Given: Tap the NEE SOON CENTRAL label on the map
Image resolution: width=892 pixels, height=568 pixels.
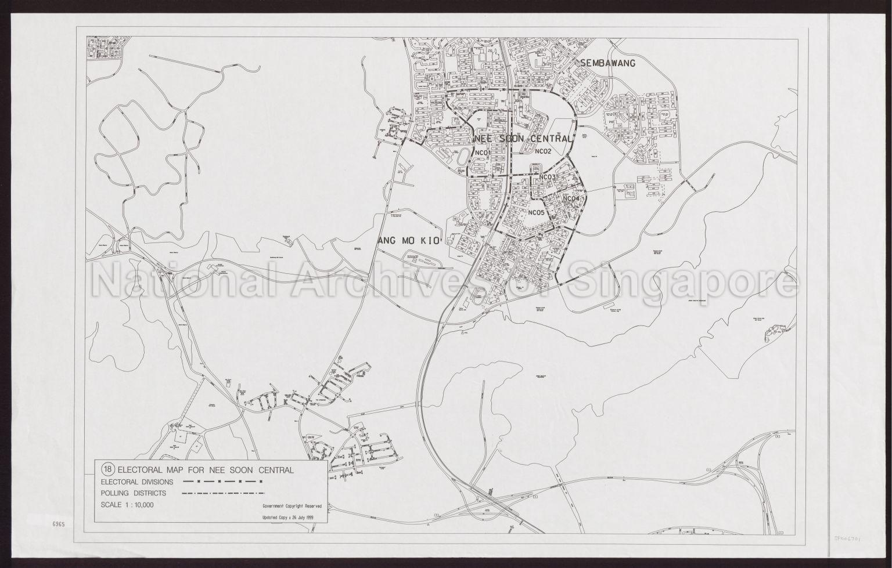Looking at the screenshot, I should [x=523, y=139].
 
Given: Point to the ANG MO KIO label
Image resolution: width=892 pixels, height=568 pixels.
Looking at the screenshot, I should [x=410, y=241].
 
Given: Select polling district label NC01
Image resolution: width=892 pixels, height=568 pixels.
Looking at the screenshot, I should [x=483, y=153].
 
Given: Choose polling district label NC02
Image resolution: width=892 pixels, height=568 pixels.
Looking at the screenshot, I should [x=542, y=152].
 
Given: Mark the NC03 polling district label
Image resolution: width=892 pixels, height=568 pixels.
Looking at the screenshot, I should [x=548, y=178].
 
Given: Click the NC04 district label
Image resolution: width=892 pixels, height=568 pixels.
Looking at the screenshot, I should [x=571, y=199].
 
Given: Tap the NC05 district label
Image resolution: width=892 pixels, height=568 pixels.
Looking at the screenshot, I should [x=537, y=212].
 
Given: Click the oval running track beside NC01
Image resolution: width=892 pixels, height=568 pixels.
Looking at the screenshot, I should [x=464, y=157].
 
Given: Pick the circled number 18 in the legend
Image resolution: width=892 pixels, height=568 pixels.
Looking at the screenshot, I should [x=107, y=469].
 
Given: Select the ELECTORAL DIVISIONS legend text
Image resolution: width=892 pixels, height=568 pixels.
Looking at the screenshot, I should [x=136, y=482].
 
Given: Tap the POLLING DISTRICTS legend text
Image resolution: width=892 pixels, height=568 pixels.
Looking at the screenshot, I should [x=134, y=494].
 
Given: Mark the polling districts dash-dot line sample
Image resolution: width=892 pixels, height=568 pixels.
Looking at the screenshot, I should [x=220, y=494].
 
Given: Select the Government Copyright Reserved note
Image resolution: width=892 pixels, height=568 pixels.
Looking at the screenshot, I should [x=292, y=507].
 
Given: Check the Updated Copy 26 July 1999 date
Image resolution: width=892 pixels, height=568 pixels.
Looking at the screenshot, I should [x=292, y=517].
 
